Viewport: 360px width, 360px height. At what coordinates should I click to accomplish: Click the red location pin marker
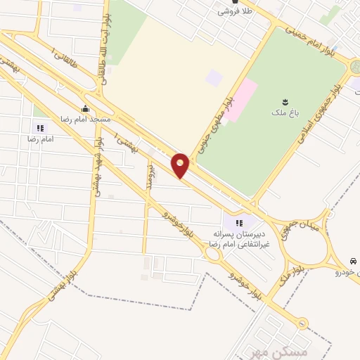(x=181, y=166)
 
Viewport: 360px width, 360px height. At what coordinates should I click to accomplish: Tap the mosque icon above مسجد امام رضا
(x=85, y=108)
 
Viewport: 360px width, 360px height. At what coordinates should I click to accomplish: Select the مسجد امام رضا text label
(x=86, y=120)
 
